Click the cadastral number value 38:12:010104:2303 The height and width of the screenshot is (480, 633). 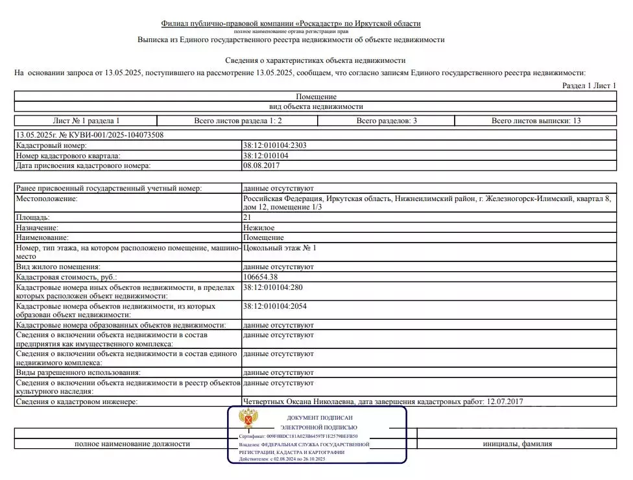coord(275,146)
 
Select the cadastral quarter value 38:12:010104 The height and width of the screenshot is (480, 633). coord(267,156)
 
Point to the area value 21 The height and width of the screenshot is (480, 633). coord(247,218)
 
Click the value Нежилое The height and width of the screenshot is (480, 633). coord(259,228)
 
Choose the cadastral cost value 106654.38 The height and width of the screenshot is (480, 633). coord(261,277)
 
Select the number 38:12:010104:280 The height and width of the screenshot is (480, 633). coord(273,287)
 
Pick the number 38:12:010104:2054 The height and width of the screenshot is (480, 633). coord(275,306)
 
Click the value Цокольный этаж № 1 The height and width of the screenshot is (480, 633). coord(280,248)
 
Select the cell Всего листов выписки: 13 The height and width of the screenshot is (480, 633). coord(536,121)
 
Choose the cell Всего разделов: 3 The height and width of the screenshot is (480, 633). coord(387,121)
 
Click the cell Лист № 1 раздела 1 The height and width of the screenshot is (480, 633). coord(86,121)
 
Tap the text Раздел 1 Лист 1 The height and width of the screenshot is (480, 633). coord(589,86)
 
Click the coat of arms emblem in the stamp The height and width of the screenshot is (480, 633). coord(247,419)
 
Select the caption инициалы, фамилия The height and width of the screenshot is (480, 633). coord(518,444)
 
